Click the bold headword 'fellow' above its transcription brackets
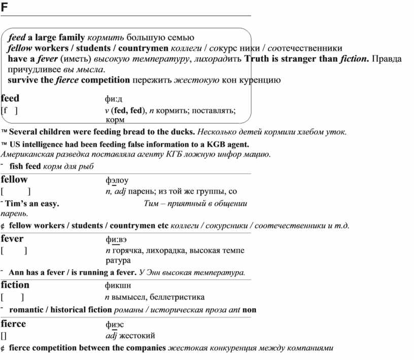[x=14, y=179]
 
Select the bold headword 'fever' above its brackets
[x=12, y=239]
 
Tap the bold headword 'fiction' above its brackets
[x=15, y=285]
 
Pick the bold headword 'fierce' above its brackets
[x=14, y=323]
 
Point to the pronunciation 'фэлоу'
[x=117, y=180]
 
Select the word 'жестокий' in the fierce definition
[x=137, y=335]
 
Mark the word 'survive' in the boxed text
[x=23, y=80]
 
